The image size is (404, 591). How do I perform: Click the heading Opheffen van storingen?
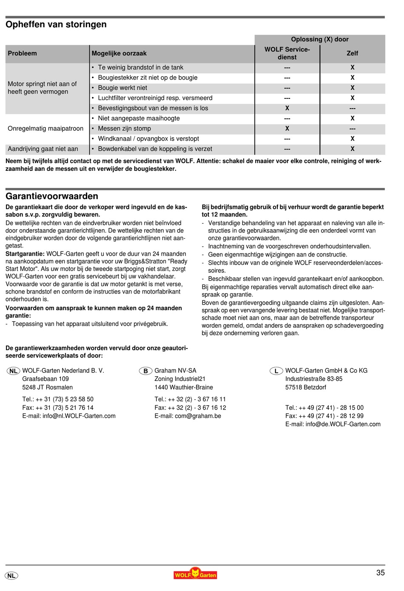click(x=56, y=25)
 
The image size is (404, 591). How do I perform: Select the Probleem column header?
click(x=22, y=54)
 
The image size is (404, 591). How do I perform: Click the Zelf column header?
click(x=352, y=54)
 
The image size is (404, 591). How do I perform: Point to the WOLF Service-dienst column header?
click(x=287, y=54)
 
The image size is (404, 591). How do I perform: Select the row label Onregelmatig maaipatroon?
click(x=46, y=129)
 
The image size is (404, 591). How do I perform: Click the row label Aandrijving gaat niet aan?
click(x=43, y=149)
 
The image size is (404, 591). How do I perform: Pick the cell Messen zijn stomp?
click(x=124, y=129)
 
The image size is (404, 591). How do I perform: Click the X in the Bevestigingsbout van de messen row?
click(x=287, y=108)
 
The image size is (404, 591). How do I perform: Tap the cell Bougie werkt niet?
click(x=122, y=88)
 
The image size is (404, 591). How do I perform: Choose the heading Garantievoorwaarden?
click(x=52, y=196)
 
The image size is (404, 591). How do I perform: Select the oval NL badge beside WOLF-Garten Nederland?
click(x=14, y=371)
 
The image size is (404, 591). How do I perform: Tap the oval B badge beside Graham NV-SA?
click(x=145, y=371)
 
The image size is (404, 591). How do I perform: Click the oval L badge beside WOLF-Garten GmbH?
click(x=276, y=371)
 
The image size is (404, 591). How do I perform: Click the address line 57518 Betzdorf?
click(x=305, y=388)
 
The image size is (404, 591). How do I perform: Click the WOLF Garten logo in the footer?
click(x=195, y=574)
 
